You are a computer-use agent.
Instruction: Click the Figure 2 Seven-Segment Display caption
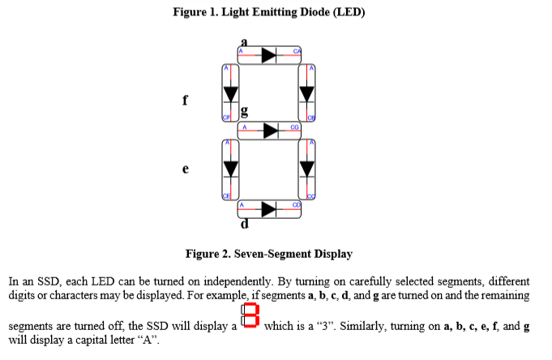(x=269, y=254)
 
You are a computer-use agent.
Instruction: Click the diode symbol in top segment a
(x=268, y=54)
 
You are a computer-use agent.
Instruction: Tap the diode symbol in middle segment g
(x=268, y=129)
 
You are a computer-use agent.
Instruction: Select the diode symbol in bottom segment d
(x=268, y=208)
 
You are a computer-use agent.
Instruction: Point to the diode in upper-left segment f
(x=230, y=92)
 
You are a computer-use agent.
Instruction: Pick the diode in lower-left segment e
(x=230, y=168)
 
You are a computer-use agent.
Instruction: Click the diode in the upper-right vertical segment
(x=306, y=92)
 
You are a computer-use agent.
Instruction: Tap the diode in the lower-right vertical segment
(x=306, y=168)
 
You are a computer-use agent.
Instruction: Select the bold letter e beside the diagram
(x=186, y=169)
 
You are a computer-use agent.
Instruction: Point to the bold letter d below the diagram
(x=243, y=222)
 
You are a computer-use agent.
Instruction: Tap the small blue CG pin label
(x=293, y=126)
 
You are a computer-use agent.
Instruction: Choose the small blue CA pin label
(x=297, y=51)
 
